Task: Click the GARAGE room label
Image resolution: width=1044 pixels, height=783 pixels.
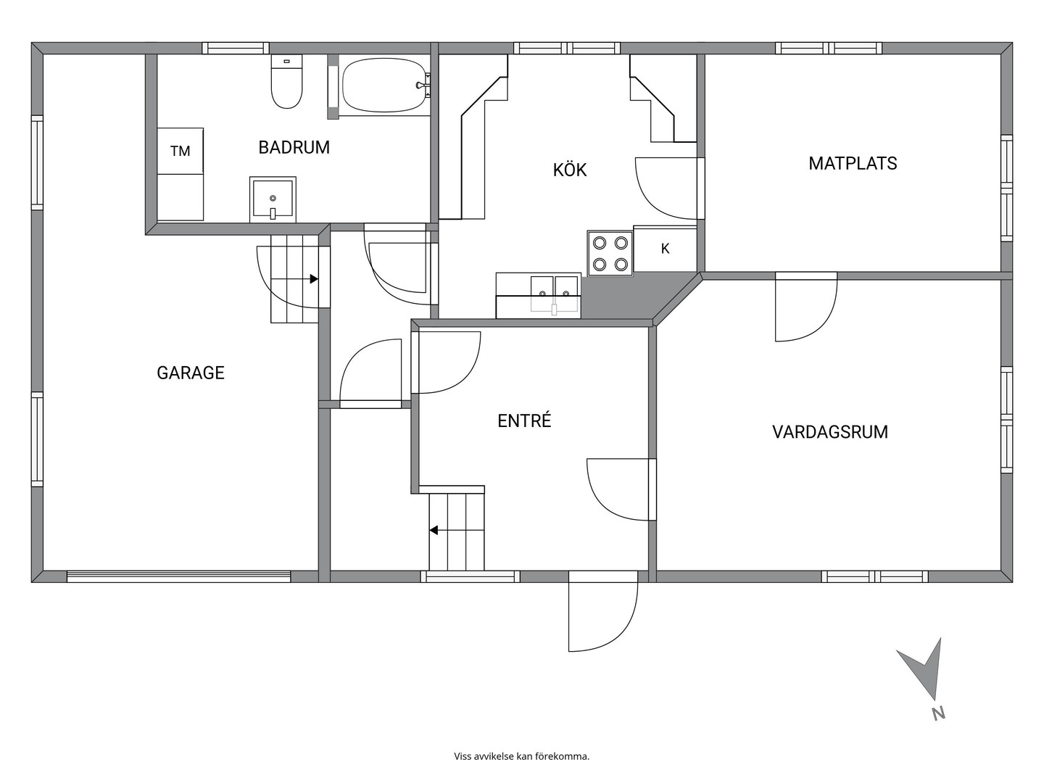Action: click(x=191, y=373)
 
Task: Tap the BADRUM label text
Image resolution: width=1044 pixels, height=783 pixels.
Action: click(x=294, y=147)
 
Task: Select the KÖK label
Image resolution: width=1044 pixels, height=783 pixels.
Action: click(x=570, y=169)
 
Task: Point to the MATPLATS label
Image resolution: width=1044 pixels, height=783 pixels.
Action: click(x=853, y=164)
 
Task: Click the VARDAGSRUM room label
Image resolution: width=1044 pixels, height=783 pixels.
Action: click(x=830, y=432)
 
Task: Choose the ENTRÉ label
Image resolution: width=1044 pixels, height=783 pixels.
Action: click(x=524, y=420)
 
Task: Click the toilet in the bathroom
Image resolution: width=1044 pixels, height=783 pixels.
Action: click(x=287, y=81)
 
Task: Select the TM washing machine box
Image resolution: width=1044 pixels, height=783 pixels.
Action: click(x=181, y=151)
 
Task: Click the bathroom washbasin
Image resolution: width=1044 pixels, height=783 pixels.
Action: click(x=273, y=199)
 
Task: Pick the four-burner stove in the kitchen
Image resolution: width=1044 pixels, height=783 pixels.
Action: click(x=610, y=254)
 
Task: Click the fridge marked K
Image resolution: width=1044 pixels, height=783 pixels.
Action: click(x=665, y=249)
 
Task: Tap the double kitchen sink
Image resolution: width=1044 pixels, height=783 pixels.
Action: click(x=554, y=295)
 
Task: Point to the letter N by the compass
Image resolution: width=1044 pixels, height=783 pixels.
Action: click(x=938, y=727)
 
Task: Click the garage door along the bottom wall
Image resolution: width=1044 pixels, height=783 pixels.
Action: click(x=178, y=576)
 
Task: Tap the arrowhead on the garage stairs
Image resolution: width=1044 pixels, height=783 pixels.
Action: click(x=314, y=279)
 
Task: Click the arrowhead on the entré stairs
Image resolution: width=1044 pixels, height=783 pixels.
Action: click(x=434, y=529)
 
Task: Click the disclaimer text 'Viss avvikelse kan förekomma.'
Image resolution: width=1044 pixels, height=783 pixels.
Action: click(x=522, y=756)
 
